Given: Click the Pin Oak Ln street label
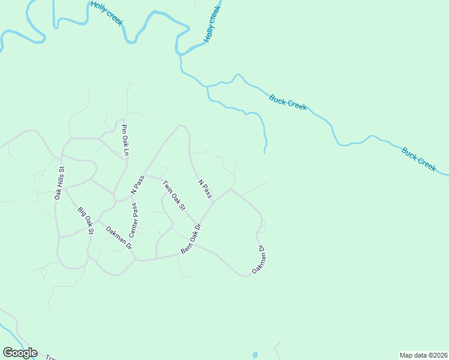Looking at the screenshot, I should [125, 140].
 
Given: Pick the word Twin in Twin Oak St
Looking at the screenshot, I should [166, 185].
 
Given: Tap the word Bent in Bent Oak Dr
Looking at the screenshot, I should [187, 247].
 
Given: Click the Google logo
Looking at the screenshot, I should [20, 353].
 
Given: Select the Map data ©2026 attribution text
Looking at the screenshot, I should [423, 355].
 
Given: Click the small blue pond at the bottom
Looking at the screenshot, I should [255, 355].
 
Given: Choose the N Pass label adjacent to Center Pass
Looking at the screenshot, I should [138, 185].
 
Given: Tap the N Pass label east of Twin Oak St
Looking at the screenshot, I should [205, 188].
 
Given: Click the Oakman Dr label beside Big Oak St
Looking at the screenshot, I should [119, 237].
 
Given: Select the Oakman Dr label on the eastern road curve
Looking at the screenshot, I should [259, 260].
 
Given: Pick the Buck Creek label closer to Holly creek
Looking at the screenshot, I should [288, 102].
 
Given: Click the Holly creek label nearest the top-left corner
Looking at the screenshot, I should [107, 13].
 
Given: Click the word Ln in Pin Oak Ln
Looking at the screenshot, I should [127, 151].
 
